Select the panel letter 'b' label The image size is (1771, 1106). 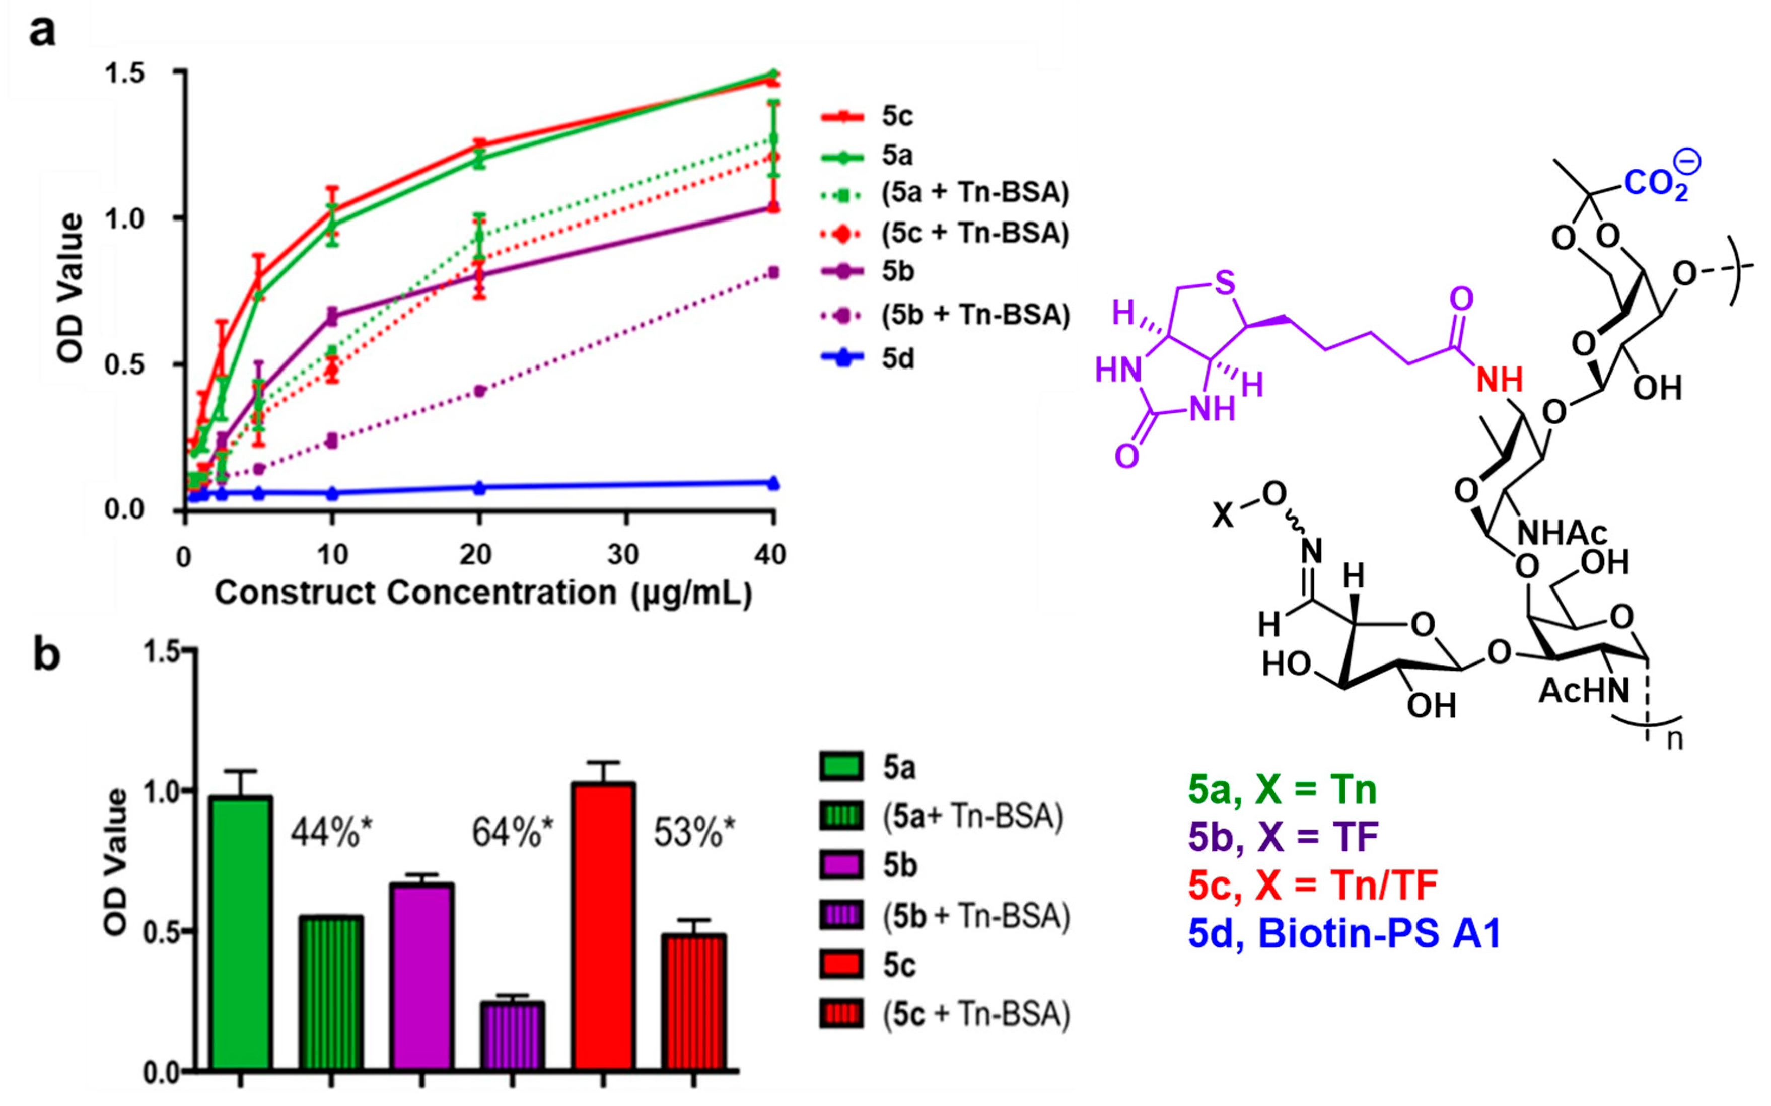pos(47,654)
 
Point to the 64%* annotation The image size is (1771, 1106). pos(512,833)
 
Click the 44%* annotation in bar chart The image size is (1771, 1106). pos(331,833)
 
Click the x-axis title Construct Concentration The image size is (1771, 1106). pos(483,593)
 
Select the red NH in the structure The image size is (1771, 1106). pos(1500,380)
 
